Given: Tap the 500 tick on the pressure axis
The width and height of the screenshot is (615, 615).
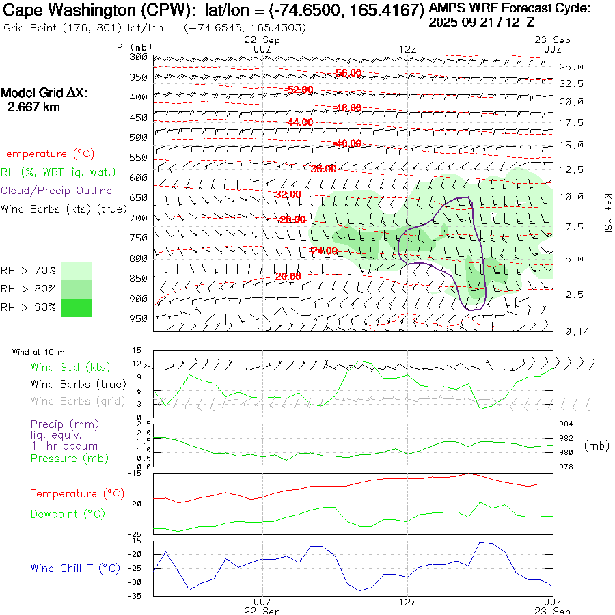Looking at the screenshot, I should (139, 137).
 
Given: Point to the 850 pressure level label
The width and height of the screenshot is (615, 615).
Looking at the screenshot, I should (139, 278).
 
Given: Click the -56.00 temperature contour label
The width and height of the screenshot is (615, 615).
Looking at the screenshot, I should (348, 73).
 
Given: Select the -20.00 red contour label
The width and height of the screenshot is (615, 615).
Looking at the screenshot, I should (288, 277).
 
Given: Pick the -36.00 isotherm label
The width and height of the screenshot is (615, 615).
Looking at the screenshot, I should (323, 169).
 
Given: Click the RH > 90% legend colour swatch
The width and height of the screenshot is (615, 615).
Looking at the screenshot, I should (77, 307).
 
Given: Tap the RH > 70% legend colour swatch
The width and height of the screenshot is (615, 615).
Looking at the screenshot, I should (77, 271).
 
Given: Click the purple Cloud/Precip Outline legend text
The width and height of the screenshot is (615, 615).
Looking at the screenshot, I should (57, 191).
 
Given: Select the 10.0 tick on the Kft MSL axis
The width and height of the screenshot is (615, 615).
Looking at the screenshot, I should (571, 197).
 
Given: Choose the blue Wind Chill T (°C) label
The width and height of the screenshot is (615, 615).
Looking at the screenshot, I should (75, 569).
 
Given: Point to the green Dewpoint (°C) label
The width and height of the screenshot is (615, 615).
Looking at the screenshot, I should (68, 514).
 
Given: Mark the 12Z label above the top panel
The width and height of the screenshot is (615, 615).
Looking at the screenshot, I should (407, 49).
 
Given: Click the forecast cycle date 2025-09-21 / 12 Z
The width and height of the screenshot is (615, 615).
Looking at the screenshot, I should (482, 22).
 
